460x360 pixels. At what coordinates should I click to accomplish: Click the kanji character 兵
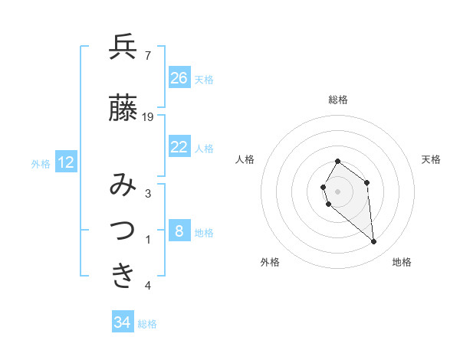123,47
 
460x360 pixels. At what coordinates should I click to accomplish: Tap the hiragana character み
123,185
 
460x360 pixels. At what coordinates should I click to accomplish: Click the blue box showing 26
179,78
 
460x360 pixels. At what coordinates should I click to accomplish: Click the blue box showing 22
179,147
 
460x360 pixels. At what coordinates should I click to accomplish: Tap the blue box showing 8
179,231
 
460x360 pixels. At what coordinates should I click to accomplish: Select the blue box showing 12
66,162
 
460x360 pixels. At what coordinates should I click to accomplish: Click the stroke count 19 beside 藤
149,117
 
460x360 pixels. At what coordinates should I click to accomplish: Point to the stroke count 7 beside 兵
147,55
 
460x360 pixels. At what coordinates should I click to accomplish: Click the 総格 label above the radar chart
338,100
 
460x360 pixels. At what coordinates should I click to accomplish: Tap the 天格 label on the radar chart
432,159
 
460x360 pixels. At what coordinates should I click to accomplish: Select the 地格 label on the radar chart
402,262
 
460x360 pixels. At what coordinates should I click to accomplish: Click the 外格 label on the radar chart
270,262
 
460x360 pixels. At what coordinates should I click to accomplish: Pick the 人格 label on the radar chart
245,159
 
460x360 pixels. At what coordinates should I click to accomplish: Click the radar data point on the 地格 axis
374,242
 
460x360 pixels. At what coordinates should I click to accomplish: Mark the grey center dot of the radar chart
338,191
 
